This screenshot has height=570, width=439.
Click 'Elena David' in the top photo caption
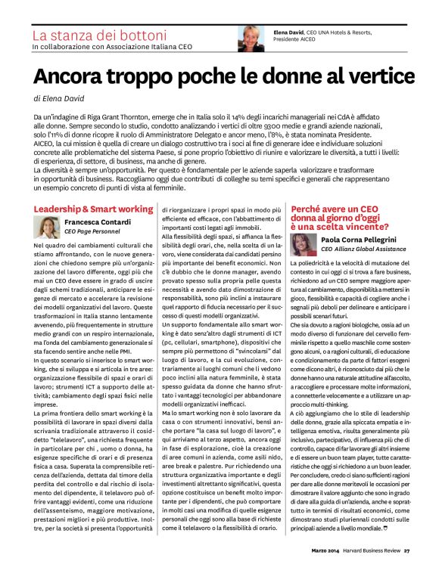coord(287,32)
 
